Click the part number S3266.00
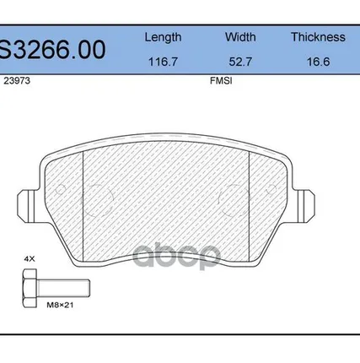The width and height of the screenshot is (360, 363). [x=52, y=50]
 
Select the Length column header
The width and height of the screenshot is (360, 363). [x=163, y=37]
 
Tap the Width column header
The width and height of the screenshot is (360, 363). [x=240, y=37]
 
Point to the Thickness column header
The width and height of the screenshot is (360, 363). [x=318, y=37]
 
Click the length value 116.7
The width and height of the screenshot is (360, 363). [x=163, y=62]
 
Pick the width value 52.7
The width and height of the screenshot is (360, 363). [x=240, y=62]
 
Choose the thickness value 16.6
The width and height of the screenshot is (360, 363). [x=318, y=62]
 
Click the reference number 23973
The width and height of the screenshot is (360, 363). [x=17, y=81]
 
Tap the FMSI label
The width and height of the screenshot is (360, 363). [x=221, y=81]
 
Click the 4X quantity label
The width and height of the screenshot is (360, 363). [x=30, y=259]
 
